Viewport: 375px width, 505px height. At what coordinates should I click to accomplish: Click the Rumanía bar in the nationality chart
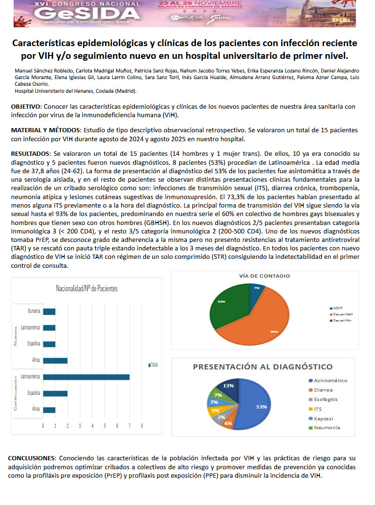[49, 312]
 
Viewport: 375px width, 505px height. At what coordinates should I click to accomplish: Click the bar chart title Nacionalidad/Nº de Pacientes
[87, 289]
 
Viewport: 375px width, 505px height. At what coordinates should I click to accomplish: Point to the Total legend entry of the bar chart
[153, 365]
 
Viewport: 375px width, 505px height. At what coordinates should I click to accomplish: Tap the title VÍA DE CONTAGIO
[264, 276]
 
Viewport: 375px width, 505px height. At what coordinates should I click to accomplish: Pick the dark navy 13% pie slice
[230, 387]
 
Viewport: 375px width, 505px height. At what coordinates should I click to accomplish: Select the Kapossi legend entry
[324, 418]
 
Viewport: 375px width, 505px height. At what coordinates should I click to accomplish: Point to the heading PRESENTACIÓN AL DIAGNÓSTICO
[262, 367]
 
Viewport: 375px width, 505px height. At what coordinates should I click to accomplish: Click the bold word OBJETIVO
[26, 107]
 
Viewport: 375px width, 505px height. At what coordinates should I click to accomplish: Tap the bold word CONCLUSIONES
[31, 458]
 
